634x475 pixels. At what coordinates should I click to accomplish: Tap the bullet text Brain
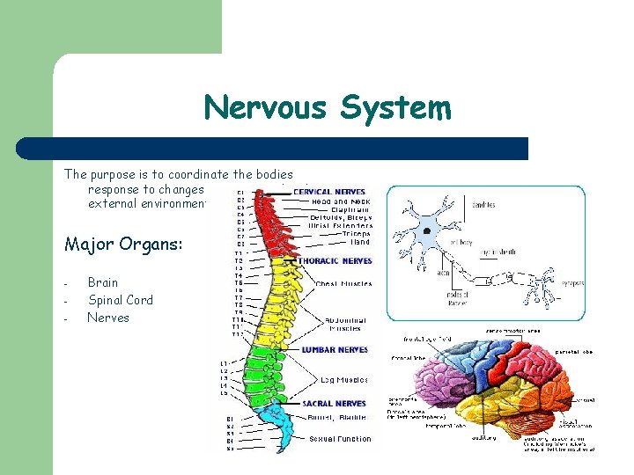(103, 282)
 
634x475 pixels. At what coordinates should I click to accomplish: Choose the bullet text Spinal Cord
(120, 300)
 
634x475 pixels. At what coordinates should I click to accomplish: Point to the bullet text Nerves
(108, 318)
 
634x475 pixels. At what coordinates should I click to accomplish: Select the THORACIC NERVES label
(335, 260)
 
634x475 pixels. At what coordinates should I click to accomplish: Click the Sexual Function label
(340, 438)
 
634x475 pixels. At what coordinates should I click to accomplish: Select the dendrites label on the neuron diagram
(483, 205)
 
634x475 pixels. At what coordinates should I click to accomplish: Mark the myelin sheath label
(498, 252)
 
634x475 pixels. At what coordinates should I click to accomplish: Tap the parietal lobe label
(572, 351)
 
